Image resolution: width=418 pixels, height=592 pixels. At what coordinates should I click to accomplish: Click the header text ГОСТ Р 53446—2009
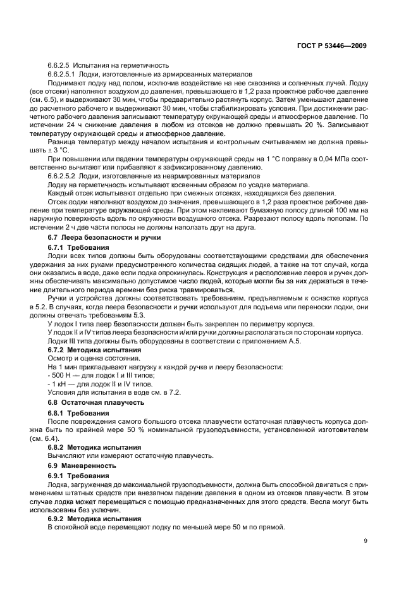point(333,46)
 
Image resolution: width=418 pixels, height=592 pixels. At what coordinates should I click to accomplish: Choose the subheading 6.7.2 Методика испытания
point(95,349)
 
